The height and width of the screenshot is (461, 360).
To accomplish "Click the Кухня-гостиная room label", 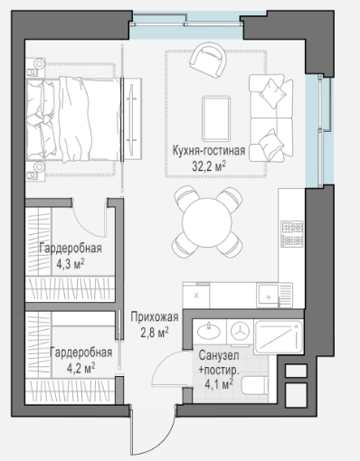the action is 209,151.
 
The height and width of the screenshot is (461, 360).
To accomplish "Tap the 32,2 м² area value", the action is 209,165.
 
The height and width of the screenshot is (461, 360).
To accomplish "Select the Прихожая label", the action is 155,317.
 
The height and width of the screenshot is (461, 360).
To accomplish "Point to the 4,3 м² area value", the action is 71,264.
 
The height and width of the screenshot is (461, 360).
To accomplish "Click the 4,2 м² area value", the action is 81,368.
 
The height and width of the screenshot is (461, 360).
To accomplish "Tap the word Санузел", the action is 219,355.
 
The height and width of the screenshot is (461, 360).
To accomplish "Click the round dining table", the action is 207,222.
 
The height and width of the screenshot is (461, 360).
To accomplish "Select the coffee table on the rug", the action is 216,118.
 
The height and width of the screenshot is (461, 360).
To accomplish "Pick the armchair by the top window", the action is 208,60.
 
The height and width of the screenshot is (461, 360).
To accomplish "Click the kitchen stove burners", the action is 292,234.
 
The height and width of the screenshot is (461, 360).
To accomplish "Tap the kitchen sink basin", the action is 269,296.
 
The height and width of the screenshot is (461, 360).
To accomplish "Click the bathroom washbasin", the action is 209,331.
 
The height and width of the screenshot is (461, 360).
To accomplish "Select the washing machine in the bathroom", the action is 240,332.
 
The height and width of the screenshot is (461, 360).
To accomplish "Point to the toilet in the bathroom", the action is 254,385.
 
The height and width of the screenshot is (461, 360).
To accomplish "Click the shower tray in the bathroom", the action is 278,337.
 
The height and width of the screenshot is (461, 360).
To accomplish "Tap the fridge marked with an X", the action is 196,296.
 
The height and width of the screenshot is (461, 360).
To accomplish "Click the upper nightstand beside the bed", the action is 35,68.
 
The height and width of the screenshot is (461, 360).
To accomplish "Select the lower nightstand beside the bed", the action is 35,171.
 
